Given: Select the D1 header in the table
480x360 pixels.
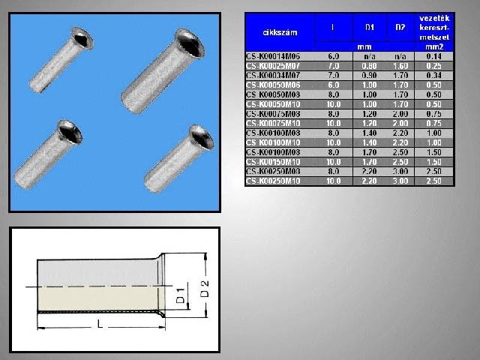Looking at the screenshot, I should pyautogui.click(x=370, y=28).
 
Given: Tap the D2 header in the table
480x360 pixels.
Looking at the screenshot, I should pyautogui.click(x=400, y=28).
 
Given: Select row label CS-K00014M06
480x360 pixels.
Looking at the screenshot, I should pyautogui.click(x=277, y=55).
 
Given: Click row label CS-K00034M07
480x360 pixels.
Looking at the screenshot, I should pyautogui.click(x=277, y=75).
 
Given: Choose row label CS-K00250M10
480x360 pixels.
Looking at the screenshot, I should pyautogui.click(x=277, y=181).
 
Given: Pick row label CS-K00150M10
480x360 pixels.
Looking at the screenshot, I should pyautogui.click(x=277, y=161).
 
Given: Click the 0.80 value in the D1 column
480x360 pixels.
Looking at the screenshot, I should pyautogui.click(x=370, y=65).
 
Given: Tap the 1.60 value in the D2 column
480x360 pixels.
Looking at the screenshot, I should pyautogui.click(x=400, y=65).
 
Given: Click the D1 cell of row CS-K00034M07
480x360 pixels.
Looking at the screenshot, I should pyautogui.click(x=370, y=75).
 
